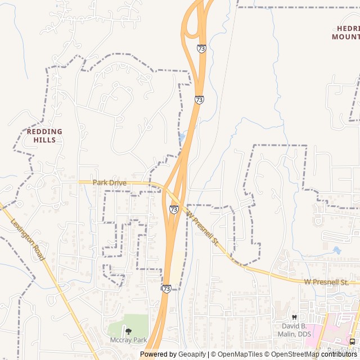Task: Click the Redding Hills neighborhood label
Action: [44, 135]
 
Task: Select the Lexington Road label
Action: [28, 238]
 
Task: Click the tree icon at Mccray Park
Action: [128, 331]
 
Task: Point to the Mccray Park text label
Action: [128, 340]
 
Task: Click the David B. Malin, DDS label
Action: [295, 330]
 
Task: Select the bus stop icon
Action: [352, 341]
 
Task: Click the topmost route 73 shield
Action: [201, 49]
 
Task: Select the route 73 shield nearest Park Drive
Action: [174, 209]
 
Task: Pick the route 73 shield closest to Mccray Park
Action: [166, 288]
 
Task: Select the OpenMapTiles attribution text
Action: [240, 354]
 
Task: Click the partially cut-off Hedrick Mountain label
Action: [345, 33]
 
